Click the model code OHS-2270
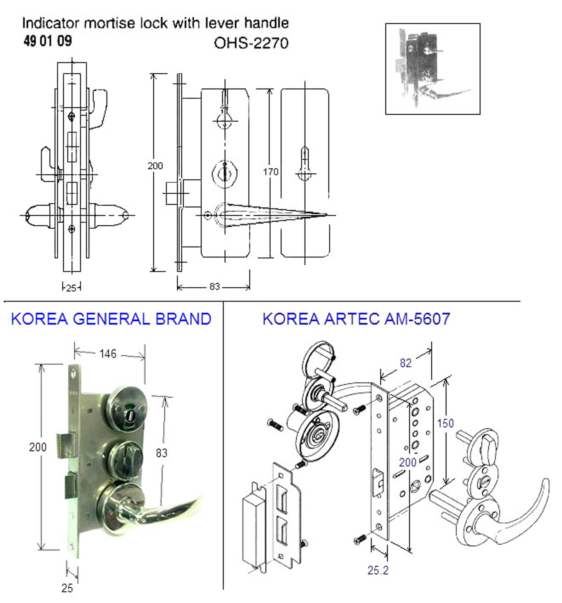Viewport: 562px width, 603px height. tap(251, 43)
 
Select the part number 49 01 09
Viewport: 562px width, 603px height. tap(48, 41)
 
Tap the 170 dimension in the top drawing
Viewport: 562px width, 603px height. tap(270, 172)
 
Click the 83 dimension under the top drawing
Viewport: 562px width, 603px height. tap(214, 286)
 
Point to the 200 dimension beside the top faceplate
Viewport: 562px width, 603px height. tap(155, 166)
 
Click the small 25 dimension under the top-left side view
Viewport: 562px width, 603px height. tap(71, 288)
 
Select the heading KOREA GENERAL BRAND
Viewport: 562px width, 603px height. tap(111, 319)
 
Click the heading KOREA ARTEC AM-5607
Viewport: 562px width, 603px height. tap(356, 319)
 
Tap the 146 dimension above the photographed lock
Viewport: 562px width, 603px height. tap(108, 354)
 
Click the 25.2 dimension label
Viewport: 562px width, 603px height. tap(378, 570)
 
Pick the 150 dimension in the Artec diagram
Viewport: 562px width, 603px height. tap(445, 423)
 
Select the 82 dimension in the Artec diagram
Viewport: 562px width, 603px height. tap(405, 363)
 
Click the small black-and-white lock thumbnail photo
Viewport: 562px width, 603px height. tap(432, 69)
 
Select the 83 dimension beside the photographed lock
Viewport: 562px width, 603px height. tap(162, 453)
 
